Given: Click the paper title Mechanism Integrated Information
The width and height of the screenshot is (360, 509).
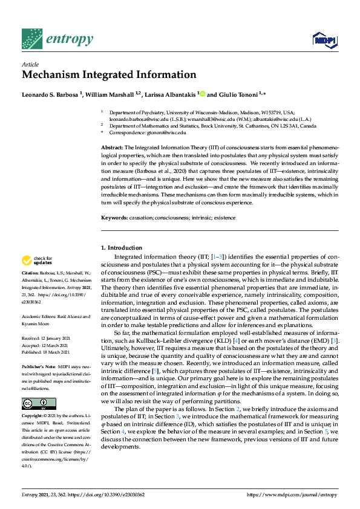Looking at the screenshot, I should [109, 75].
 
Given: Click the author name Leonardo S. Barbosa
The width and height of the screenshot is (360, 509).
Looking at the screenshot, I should [51, 94].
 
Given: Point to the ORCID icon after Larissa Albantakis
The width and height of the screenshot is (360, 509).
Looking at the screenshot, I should [203, 94].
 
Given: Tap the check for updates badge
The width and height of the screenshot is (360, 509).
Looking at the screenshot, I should [36, 261].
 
